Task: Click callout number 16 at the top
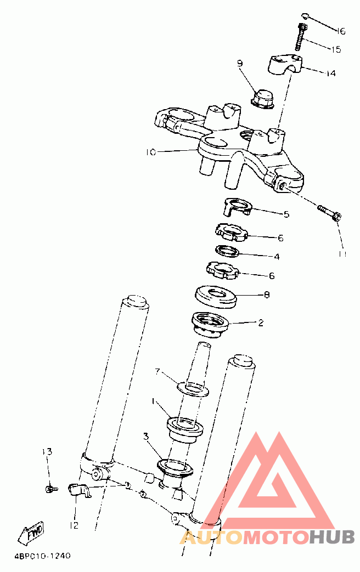[340, 31]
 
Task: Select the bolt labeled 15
[301, 37]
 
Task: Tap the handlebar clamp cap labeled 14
[286, 64]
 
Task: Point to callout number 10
[151, 152]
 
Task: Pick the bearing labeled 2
[210, 324]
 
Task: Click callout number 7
[157, 371]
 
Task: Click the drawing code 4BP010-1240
[42, 556]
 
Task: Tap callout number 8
[267, 295]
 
